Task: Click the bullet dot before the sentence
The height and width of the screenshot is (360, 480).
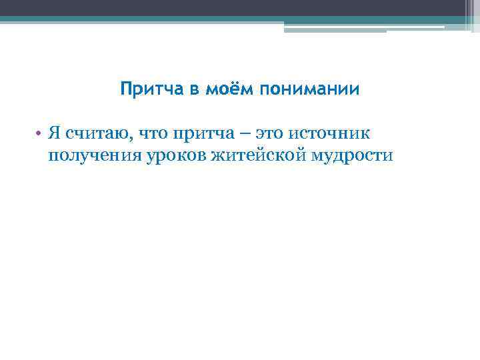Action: [39, 133]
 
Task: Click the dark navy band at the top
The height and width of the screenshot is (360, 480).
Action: [240, 7]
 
